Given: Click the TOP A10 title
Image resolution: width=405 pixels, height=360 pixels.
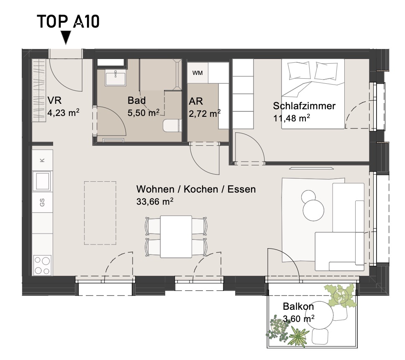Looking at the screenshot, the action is [x=68, y=21].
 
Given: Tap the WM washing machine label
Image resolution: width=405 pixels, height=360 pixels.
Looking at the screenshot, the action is [x=197, y=73].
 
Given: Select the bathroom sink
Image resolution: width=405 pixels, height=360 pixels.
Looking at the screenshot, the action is [x=115, y=79].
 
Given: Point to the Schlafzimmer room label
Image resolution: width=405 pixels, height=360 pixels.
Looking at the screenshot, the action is [x=304, y=106].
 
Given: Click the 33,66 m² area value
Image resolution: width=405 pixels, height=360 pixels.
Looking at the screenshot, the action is [x=155, y=201].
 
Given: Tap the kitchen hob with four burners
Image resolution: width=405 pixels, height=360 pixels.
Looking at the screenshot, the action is [x=42, y=265].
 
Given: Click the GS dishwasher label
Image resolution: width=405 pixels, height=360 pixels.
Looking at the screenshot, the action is [x=42, y=202].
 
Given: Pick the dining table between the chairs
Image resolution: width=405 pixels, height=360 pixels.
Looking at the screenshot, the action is [x=176, y=237].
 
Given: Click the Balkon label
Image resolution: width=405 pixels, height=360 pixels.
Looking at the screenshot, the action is [x=298, y=306].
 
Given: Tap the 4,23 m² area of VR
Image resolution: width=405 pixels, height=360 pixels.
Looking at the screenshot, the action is [x=63, y=113].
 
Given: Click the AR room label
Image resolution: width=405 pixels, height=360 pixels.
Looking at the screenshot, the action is [x=196, y=101].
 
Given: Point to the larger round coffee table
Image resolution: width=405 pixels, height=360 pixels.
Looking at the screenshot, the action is [x=313, y=210].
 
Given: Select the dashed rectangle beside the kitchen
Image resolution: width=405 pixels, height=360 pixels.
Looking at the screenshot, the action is [x=100, y=213].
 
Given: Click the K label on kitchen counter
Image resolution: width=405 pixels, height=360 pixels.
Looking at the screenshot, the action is [x=42, y=160].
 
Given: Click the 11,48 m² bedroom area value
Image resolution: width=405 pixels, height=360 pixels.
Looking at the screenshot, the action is [x=292, y=118].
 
